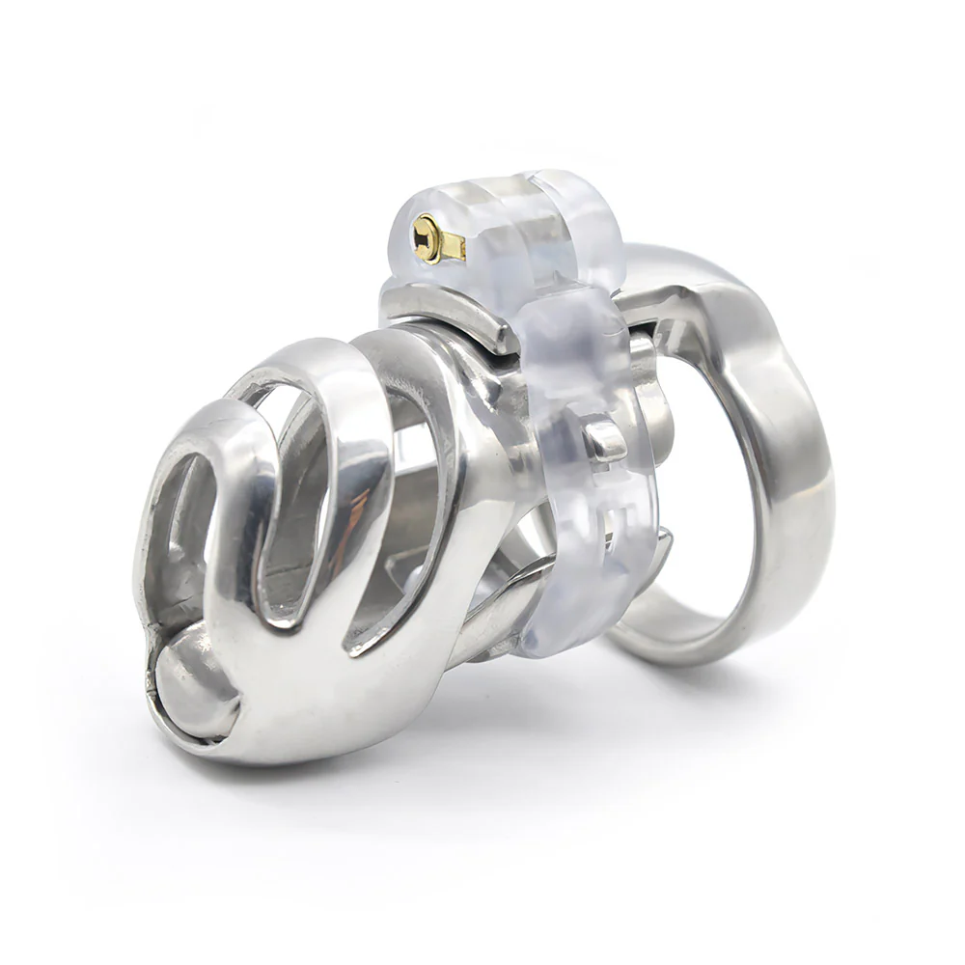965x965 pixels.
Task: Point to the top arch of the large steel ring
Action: point(695,265)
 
